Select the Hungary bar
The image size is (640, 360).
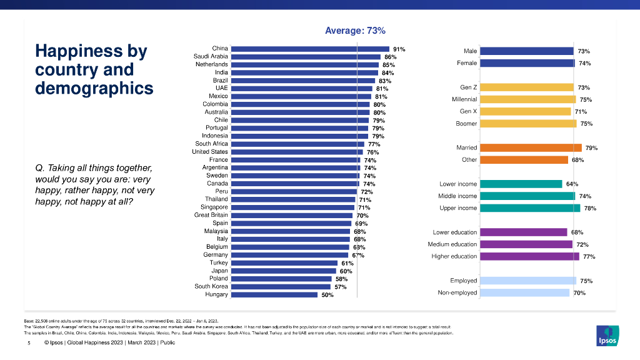[x=275, y=294]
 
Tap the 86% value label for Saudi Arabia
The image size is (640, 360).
[x=390, y=57]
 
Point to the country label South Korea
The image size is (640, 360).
[x=211, y=286]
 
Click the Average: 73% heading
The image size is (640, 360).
[x=356, y=30]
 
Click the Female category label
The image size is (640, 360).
[x=467, y=63]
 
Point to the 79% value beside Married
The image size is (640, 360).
[x=591, y=148]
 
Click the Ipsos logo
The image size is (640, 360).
[x=608, y=334]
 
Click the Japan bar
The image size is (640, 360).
[x=284, y=271]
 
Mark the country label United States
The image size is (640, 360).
[x=210, y=151]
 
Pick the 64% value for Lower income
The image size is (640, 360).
[x=571, y=184]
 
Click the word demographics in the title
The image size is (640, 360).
[x=94, y=88]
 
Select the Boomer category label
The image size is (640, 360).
[x=467, y=124]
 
